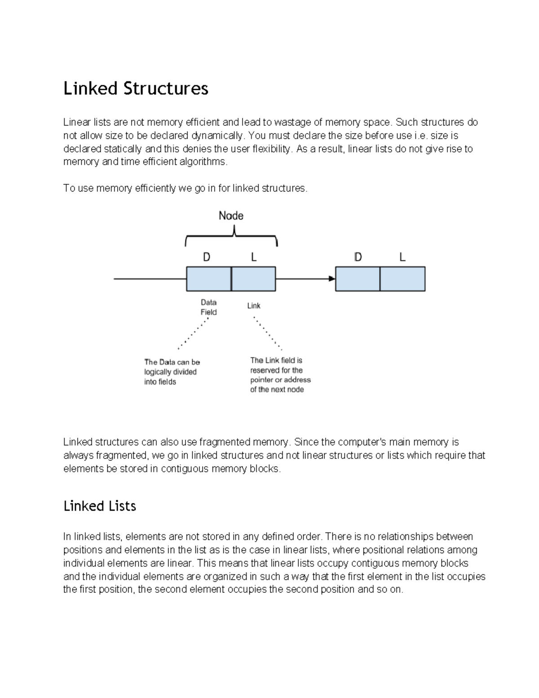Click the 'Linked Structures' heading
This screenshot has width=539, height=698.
136,89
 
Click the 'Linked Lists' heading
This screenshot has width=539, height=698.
100,506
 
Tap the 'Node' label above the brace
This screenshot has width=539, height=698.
231,216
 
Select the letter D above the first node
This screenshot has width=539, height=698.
207,257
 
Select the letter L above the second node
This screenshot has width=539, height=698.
402,257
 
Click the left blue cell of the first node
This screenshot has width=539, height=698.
209,279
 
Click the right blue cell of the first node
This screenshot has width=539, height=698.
253,279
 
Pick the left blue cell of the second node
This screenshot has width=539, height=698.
358,279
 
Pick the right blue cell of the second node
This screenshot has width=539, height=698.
402,279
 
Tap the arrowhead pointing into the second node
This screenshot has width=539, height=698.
332,279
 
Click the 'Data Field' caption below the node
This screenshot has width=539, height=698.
208,307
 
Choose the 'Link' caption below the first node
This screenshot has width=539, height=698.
254,306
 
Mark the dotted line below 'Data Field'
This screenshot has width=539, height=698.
194,333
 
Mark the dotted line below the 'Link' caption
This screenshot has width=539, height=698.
268,333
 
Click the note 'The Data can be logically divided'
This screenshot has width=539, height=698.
172,372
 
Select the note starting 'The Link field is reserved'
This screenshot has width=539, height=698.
280,375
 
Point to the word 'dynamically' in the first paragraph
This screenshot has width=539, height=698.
218,135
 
